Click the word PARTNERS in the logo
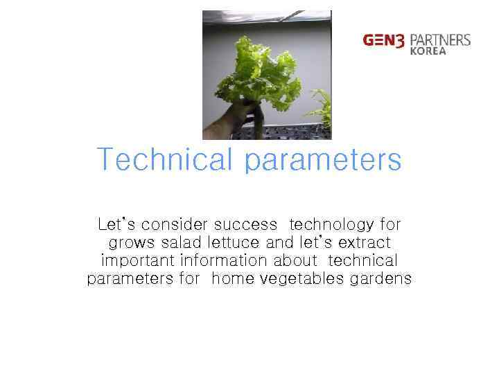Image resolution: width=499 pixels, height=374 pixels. click(439, 39)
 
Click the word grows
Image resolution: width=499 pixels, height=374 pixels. click(132, 244)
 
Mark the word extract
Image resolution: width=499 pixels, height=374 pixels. click(363, 243)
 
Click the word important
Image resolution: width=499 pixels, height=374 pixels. click(139, 262)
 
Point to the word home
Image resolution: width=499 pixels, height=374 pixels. click(233, 279)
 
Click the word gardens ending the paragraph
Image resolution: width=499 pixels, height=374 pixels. click(381, 280)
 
